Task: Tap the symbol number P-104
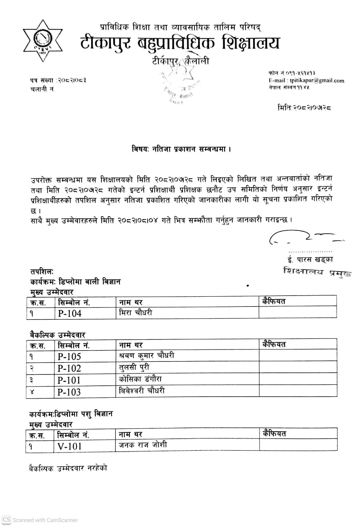pos(69,313)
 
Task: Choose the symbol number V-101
pos(69,446)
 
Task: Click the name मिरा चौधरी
pos(135,313)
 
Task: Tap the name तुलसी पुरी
pos(134,367)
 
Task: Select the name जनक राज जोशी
pos(143,445)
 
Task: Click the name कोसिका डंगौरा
pos(140,379)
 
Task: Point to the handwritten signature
pos(305,238)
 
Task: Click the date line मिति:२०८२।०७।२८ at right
pos(304,108)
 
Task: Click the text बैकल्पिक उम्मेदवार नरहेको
pos(68,468)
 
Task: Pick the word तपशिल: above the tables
pos(42,272)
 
